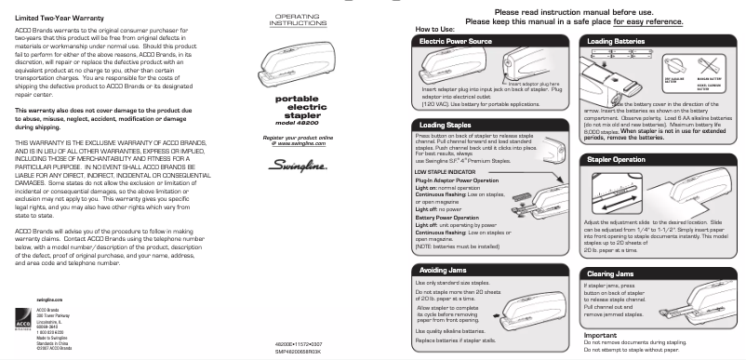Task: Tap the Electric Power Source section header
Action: click(456, 42)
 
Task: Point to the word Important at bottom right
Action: click(601, 334)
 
